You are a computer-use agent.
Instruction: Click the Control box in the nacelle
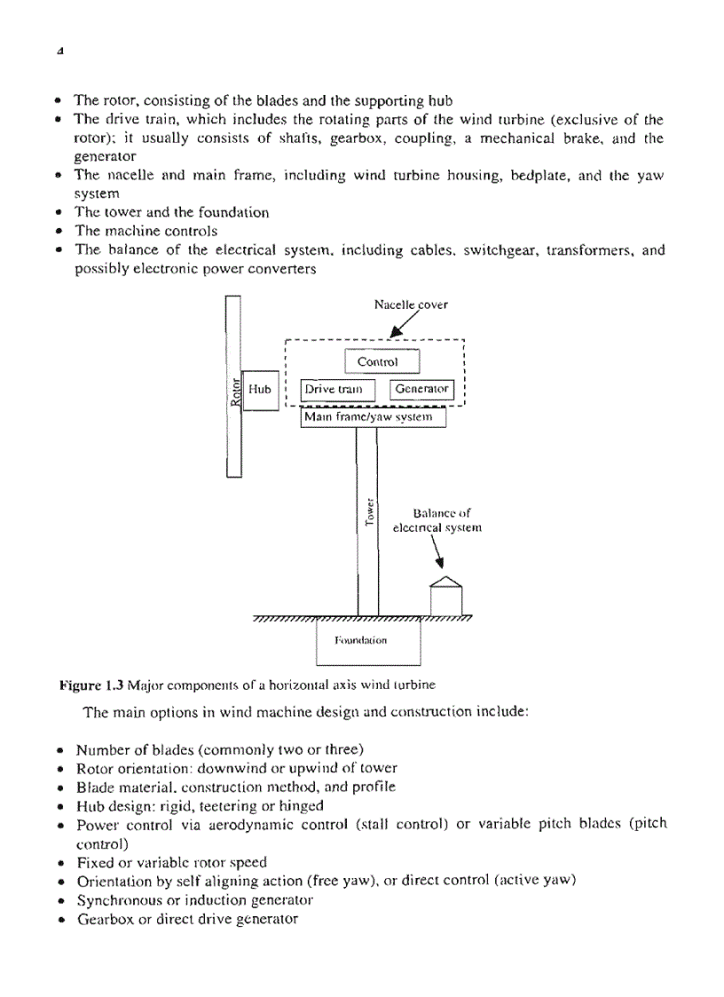pyautogui.click(x=381, y=362)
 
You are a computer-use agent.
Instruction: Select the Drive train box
pyautogui.click(x=339, y=390)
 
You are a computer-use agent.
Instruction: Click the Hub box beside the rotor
pyautogui.click(x=260, y=390)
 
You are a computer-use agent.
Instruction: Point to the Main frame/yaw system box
pyautogui.click(x=373, y=417)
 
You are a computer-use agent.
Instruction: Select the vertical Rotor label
pyautogui.click(x=235, y=392)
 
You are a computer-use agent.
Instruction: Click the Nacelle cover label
pyautogui.click(x=411, y=305)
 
